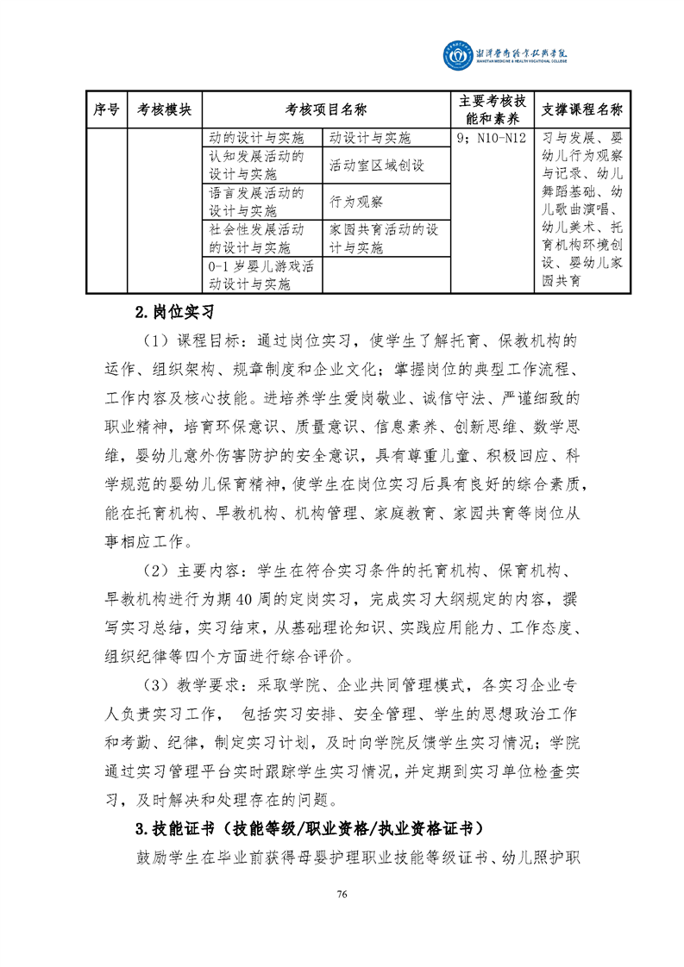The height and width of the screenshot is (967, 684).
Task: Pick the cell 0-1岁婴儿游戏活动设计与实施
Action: [x=262, y=275]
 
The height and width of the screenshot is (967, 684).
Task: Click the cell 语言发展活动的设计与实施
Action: [x=262, y=202]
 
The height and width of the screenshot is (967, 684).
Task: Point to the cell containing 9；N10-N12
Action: [x=489, y=138]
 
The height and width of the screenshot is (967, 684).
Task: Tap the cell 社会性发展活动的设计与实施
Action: [x=262, y=239]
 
